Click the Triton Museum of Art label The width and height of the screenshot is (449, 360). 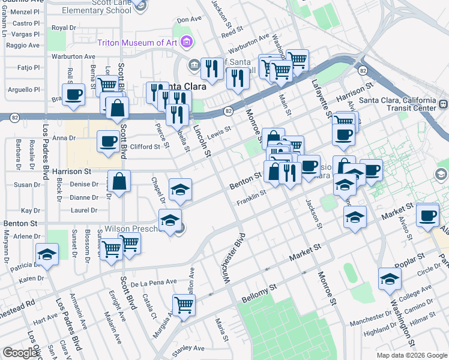point(137,43)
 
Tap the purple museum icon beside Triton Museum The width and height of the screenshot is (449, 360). point(187,43)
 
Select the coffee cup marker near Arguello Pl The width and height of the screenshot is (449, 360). point(73,94)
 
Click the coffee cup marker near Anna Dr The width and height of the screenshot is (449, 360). point(108,142)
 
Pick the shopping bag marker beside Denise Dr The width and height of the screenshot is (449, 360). point(119,181)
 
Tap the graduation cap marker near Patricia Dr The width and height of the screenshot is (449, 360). point(47,254)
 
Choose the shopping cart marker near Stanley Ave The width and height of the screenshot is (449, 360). point(184,304)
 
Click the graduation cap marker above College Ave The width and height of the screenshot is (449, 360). point(390,278)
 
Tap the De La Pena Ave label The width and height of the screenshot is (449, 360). point(154,282)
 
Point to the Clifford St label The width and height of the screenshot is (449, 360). point(145,146)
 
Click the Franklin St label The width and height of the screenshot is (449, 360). point(251,197)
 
